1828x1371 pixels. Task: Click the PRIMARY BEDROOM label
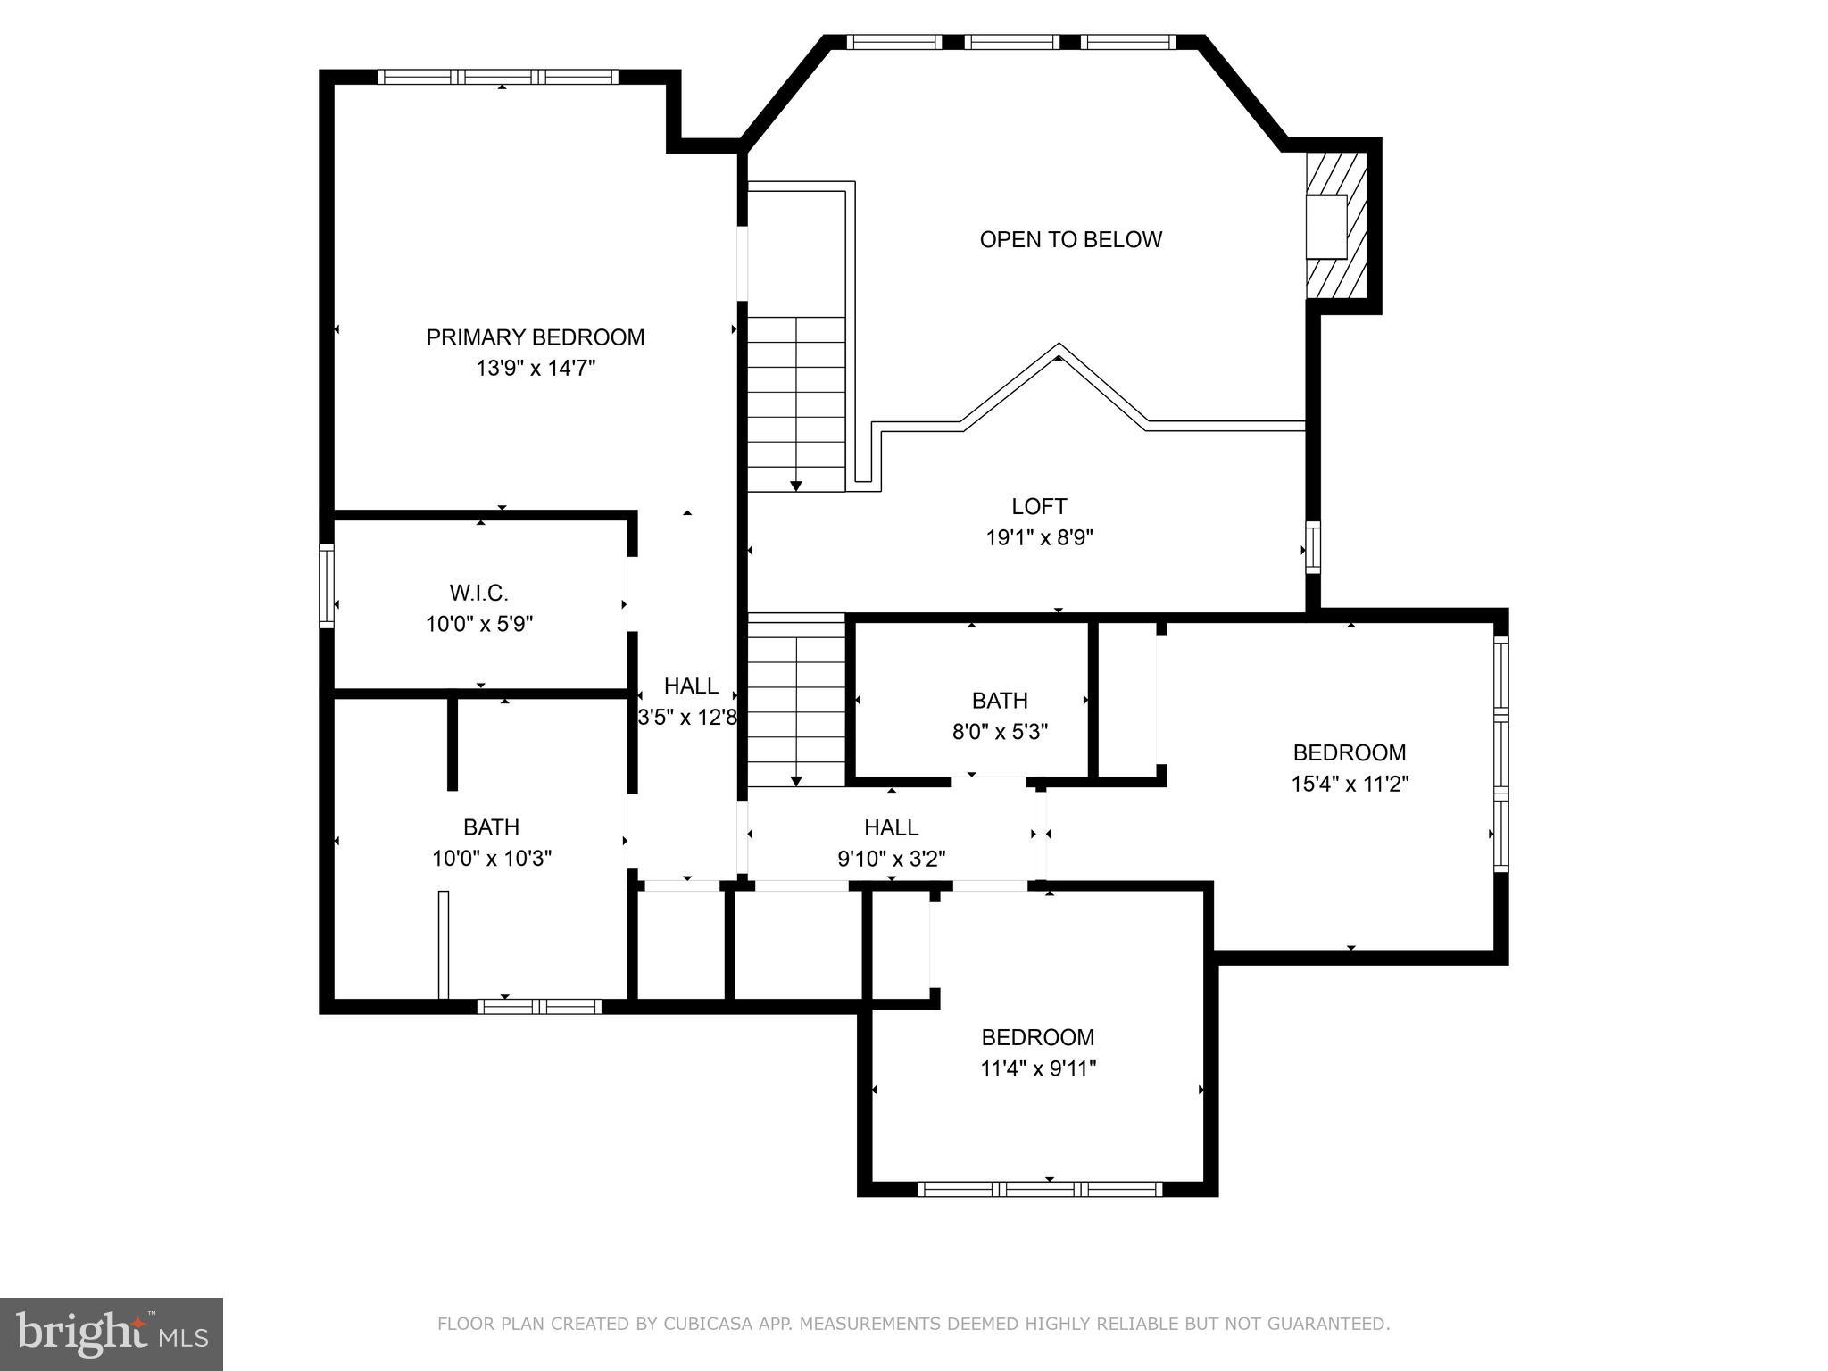coord(535,337)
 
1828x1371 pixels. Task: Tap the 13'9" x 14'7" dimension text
coord(535,369)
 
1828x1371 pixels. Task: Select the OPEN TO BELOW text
coord(1070,239)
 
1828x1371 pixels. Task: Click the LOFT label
coord(1038,507)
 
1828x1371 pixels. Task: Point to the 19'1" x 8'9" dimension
coord(1039,537)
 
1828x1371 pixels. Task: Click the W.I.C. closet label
coord(478,593)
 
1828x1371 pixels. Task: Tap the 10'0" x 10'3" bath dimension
coord(491,859)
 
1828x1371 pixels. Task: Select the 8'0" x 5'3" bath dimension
coord(1000,732)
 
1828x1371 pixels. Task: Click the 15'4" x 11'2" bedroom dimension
coord(1350,784)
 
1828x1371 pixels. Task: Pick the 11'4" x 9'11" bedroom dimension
coord(1038,1068)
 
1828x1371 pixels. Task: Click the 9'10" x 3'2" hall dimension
coord(891,859)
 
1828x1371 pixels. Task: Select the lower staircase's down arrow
coord(796,780)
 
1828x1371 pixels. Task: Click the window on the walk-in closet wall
coord(327,586)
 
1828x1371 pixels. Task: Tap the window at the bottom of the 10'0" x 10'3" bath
coord(539,1007)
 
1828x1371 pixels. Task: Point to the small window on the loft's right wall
coord(1312,546)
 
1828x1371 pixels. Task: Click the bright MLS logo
coord(112,1334)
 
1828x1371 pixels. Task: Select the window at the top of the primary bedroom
coord(498,77)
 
